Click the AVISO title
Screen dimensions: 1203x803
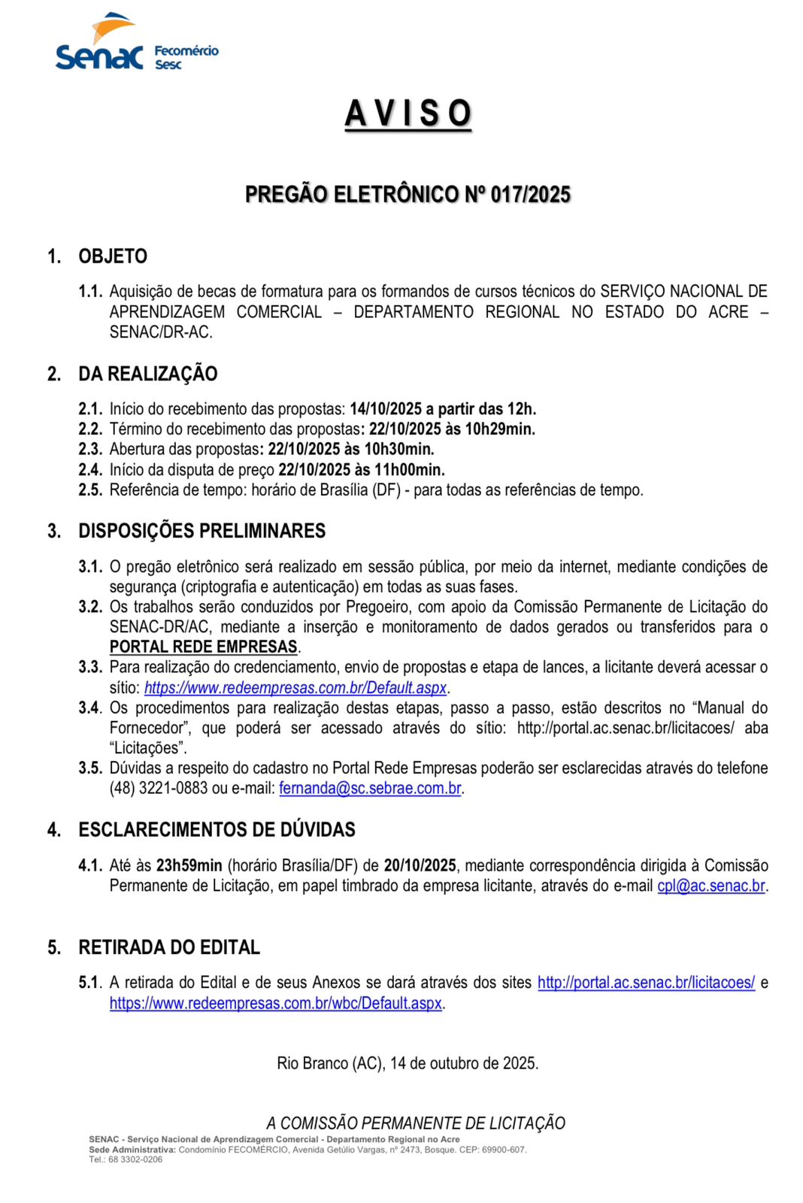[x=408, y=114]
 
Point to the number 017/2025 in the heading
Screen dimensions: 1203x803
[x=530, y=195]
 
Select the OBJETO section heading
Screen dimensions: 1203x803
[x=113, y=256]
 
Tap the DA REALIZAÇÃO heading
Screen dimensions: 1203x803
[x=147, y=374]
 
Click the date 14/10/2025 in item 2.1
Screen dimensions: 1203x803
[x=386, y=409]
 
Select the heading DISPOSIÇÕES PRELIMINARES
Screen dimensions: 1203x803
[x=202, y=531]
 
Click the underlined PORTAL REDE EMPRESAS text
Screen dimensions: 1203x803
[x=204, y=647]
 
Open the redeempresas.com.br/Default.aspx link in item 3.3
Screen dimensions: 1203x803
[x=295, y=688]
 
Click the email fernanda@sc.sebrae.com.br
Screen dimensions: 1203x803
[x=370, y=789]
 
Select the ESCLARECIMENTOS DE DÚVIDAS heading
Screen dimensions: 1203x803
[x=217, y=829]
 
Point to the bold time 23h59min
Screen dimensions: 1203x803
[x=189, y=865]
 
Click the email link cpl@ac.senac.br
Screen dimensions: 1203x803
[x=711, y=886]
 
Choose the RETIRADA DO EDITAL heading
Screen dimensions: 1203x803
[x=169, y=947]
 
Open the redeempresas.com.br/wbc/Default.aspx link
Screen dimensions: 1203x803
[x=276, y=1004]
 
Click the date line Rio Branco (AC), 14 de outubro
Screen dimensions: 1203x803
[x=408, y=1063]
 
